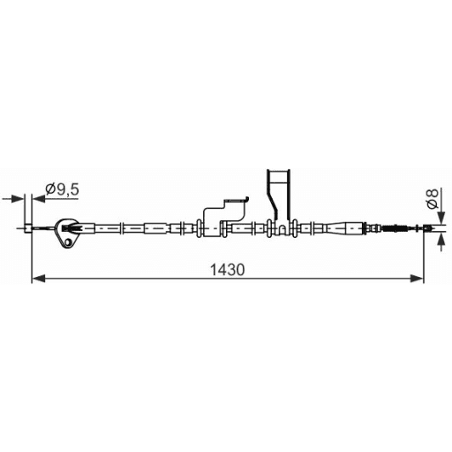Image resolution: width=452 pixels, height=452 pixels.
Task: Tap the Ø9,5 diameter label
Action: [61, 189]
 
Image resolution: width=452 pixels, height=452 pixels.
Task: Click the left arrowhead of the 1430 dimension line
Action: [37, 277]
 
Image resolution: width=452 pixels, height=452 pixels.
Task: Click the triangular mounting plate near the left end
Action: [67, 231]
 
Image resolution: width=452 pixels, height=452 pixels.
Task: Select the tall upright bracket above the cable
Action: [278, 195]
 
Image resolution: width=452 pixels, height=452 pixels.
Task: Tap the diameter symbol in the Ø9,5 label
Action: [49, 189]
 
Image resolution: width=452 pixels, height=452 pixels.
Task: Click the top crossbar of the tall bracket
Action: [278, 171]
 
